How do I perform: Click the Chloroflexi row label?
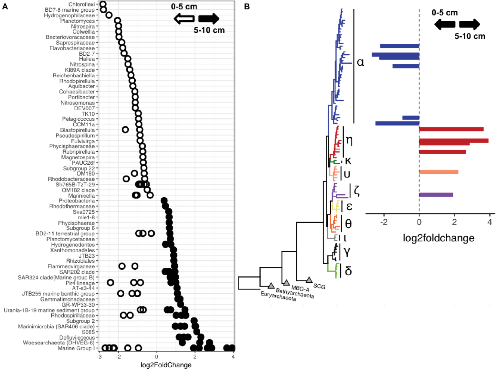(81, 5)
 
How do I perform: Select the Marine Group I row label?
(76, 348)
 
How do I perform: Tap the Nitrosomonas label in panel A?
(78, 103)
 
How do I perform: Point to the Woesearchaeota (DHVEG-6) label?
(59, 343)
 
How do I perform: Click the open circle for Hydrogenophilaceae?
(109, 15)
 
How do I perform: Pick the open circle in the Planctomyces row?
(117, 21)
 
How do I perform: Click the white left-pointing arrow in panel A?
(184, 19)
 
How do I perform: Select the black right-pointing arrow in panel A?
(209, 19)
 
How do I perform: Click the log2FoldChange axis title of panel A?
(166, 365)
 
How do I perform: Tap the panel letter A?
(5, 7)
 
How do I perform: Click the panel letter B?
(247, 7)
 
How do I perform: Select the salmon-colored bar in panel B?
(438, 172)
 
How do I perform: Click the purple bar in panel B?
(436, 195)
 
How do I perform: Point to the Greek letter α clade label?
(360, 62)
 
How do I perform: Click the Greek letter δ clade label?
(348, 271)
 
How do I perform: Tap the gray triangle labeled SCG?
(309, 280)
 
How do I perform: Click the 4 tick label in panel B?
(490, 223)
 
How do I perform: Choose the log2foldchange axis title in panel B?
(438, 238)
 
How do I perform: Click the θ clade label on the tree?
(348, 223)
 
